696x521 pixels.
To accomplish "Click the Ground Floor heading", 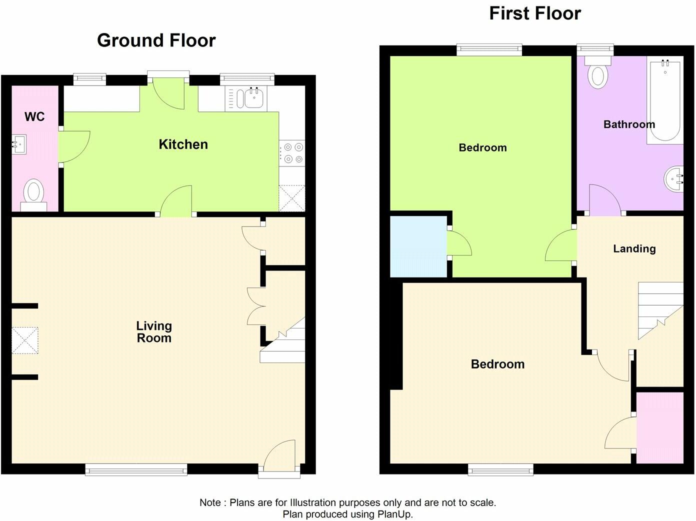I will coord(156,40).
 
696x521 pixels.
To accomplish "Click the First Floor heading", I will coord(534,13).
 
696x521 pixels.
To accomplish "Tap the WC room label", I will coord(34,117).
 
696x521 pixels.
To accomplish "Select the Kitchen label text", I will coord(183,144).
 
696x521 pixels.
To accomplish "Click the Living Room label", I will coord(154,332).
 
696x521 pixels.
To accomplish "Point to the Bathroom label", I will coord(628,124).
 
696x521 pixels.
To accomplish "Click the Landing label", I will coord(634,249).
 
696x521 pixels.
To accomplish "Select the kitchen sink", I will coord(251,98).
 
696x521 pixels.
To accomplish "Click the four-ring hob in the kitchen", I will coord(292,153).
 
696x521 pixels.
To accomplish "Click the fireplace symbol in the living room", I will coord(25,340).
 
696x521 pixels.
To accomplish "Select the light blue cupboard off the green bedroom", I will coord(418,246).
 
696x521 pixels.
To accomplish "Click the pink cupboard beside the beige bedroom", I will coord(660,427).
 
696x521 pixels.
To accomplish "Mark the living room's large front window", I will coord(136,469).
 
